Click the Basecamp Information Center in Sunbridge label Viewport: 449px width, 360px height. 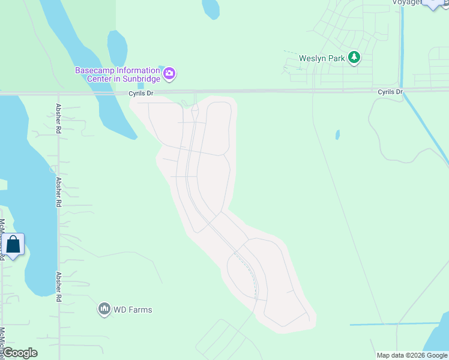point(117,74)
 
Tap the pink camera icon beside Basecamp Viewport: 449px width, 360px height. point(170,74)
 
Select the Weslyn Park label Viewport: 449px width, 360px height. point(322,58)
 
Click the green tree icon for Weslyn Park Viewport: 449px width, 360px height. point(355,58)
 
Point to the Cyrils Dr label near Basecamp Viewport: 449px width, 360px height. point(141,94)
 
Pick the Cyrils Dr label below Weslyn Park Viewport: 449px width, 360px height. point(390,92)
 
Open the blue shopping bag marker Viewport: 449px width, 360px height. point(13,245)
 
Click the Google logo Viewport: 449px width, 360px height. point(20,353)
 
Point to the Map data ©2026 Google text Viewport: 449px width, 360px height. point(412,355)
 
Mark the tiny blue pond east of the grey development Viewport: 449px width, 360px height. point(337,134)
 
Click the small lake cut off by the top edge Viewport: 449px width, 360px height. point(211,8)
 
